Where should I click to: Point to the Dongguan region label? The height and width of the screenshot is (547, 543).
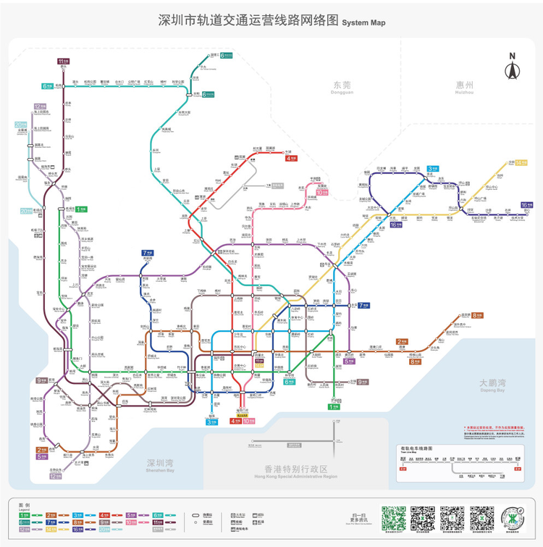pyautogui.click(x=342, y=88)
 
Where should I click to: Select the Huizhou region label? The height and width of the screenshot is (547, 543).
pyautogui.click(x=464, y=88)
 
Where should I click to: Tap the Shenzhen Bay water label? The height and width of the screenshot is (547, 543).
pyautogui.click(x=160, y=465)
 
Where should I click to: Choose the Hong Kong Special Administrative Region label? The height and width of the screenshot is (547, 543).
pyautogui.click(x=291, y=472)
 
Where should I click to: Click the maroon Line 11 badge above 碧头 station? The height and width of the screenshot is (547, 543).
pyautogui.click(x=64, y=61)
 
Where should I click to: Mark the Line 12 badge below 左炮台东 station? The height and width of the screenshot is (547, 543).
pyautogui.click(x=55, y=476)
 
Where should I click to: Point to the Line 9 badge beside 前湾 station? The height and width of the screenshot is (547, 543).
pyautogui.click(x=41, y=380)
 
